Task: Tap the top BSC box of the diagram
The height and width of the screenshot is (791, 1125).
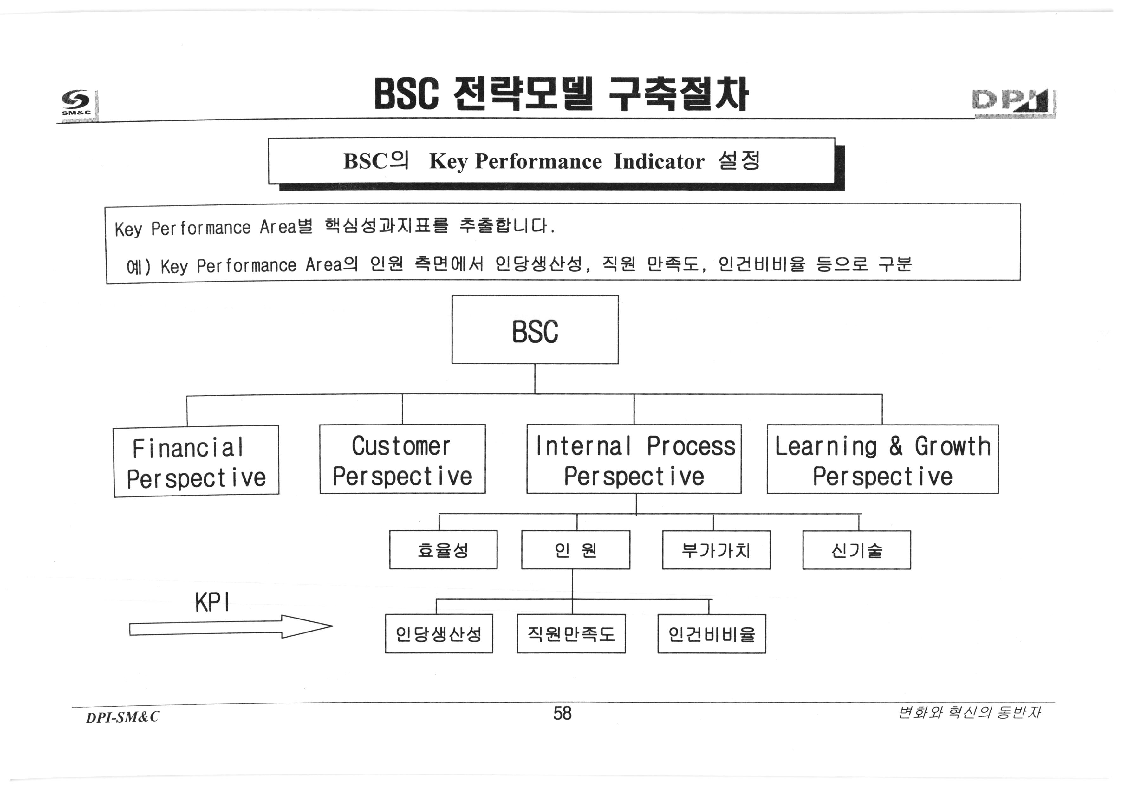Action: [535, 330]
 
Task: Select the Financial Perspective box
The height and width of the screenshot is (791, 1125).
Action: [196, 461]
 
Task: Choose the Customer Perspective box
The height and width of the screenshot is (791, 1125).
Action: [402, 459]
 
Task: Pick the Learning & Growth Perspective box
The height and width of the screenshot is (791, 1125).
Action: [882, 459]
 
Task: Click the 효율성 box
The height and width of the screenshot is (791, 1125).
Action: [443, 549]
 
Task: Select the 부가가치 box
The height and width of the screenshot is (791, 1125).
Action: [716, 549]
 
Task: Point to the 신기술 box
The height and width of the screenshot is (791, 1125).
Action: [856, 549]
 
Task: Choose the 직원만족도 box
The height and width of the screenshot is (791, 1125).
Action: [571, 634]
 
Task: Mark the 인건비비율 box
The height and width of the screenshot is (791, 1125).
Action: [712, 634]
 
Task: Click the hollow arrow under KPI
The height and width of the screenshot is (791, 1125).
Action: [230, 628]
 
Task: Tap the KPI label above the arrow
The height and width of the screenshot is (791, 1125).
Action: [212, 602]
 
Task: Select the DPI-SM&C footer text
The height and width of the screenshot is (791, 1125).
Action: [122, 717]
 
